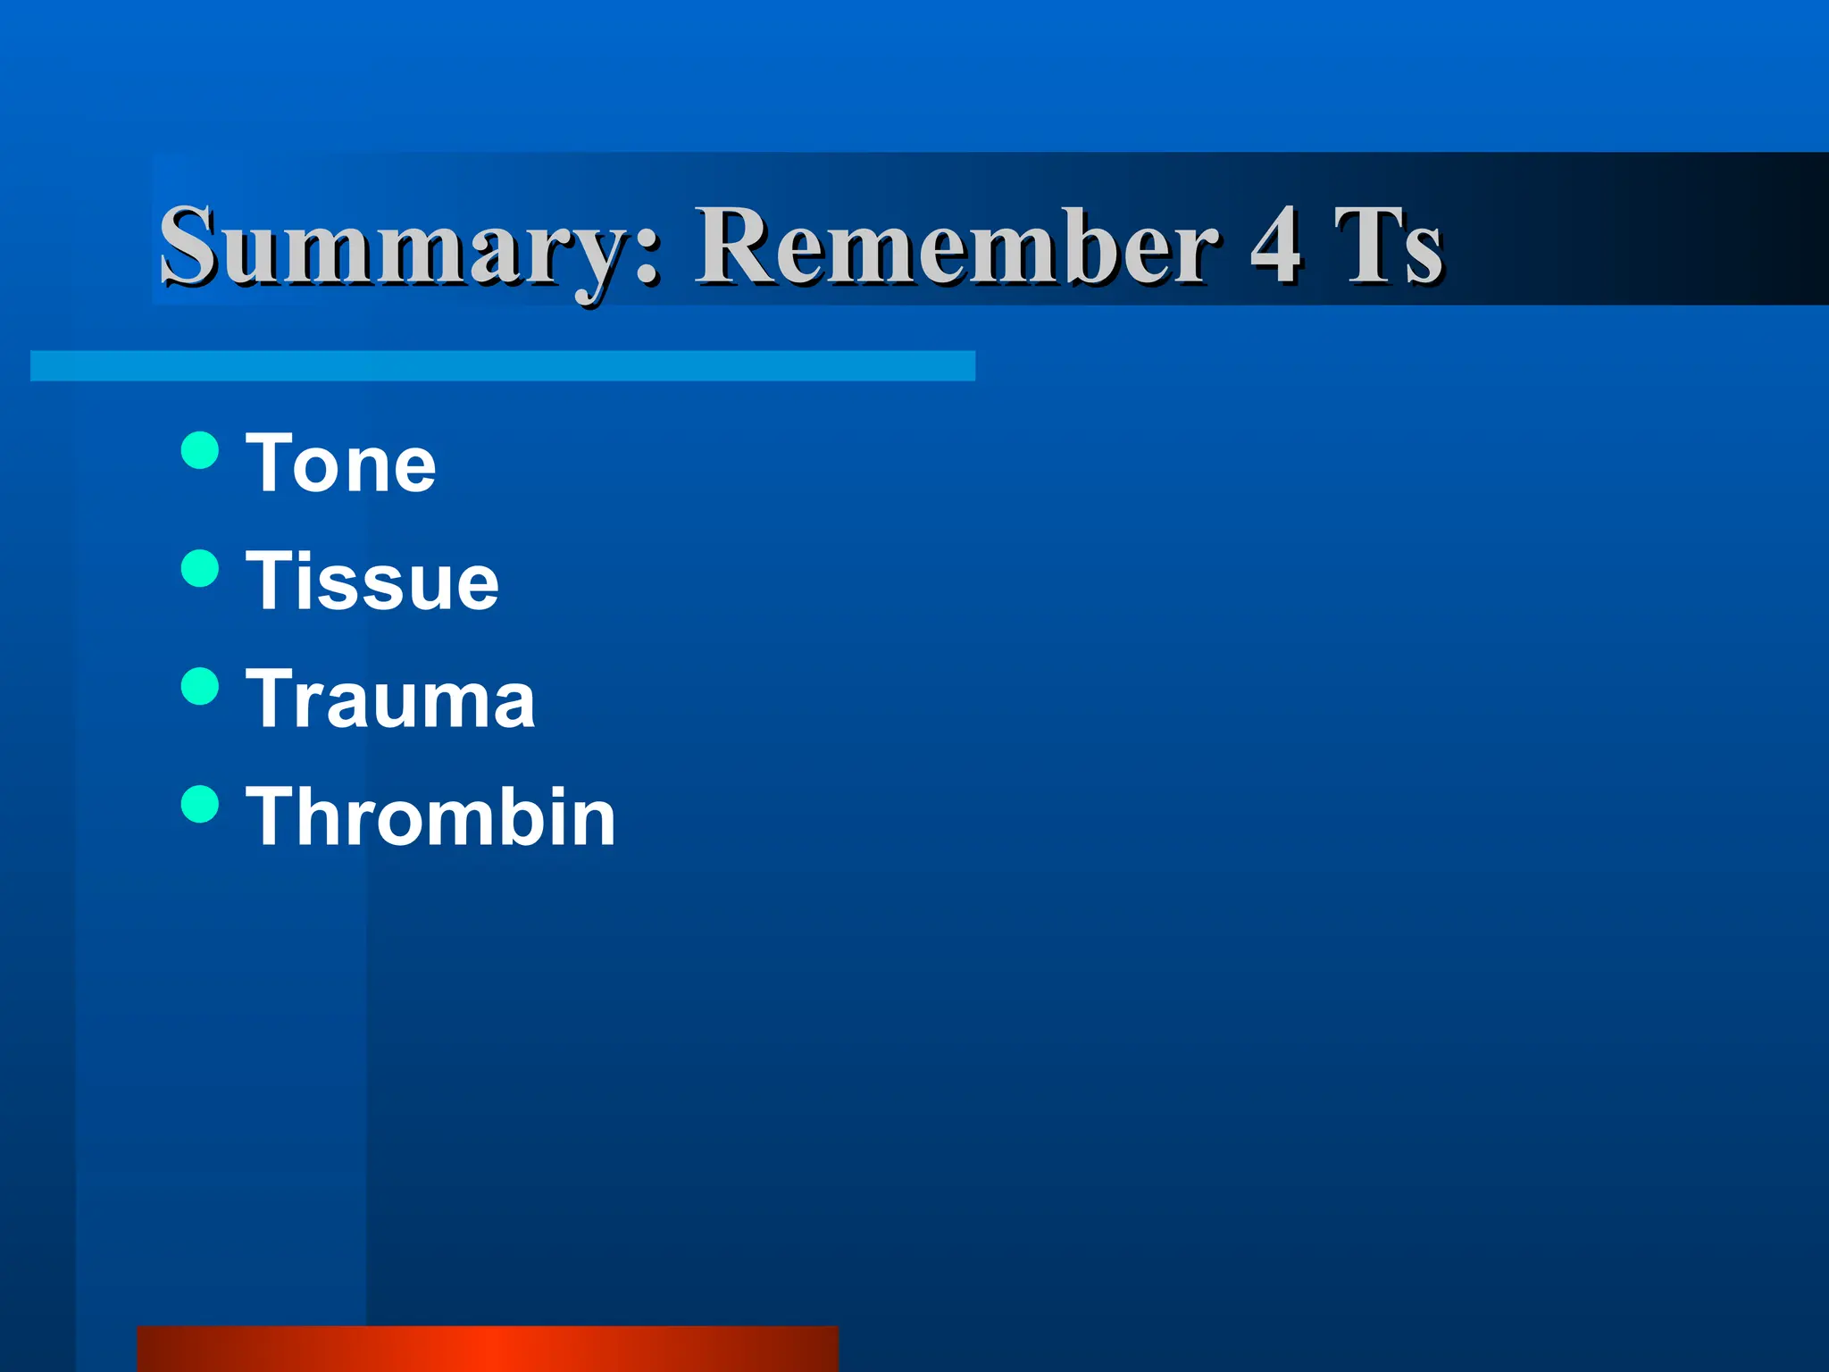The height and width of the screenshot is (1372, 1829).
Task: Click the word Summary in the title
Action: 393,246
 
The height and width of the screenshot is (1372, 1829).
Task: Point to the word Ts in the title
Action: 1389,246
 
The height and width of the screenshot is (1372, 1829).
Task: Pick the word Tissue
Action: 372,581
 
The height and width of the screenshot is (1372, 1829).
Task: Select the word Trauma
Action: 390,699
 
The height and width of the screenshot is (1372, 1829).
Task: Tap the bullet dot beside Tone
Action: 200,450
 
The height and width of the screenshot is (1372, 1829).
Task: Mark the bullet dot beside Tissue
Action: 200,568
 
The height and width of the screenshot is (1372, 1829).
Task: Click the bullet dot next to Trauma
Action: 200,686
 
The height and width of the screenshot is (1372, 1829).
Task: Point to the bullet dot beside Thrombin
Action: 200,804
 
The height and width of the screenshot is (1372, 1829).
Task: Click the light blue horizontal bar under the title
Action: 503,366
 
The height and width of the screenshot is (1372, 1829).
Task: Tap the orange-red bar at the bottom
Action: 488,1349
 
